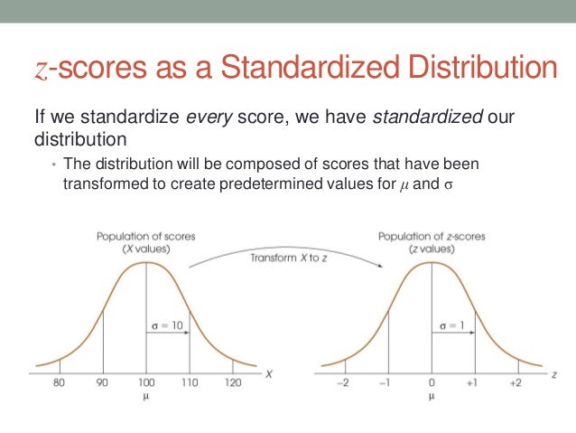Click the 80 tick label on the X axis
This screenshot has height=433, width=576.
tap(60, 382)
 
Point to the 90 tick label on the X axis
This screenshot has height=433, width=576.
tap(103, 382)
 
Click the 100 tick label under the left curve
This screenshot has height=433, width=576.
tap(145, 382)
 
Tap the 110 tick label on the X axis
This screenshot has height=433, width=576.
tap(189, 382)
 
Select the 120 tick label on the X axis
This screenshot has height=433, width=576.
tap(232, 382)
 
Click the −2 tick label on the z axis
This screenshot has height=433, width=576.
tap(344, 382)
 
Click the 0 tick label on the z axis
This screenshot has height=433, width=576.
tap(432, 382)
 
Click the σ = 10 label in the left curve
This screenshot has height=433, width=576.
tap(166, 323)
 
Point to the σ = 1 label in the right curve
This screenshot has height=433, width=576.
tap(451, 323)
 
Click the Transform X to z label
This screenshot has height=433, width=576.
tap(286, 258)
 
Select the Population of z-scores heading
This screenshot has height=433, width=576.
tap(431, 236)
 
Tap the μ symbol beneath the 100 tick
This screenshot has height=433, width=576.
tap(145, 395)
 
